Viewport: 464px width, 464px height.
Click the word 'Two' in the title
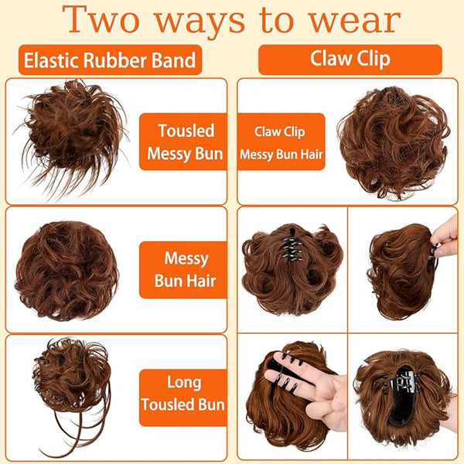point(101,20)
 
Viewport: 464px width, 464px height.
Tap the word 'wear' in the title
point(355,22)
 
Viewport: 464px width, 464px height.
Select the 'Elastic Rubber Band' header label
point(110,60)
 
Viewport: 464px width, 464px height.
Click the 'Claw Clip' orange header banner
point(350,60)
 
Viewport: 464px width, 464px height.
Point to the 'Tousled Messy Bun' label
point(184,142)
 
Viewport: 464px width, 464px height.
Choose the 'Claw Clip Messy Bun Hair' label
point(281,142)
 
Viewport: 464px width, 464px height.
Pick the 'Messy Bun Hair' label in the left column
point(184,270)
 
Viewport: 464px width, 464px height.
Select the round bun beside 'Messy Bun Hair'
point(67,271)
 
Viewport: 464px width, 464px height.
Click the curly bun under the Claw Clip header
point(394,142)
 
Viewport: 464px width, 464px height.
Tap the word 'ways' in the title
point(200,22)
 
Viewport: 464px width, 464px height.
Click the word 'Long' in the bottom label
point(184,383)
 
